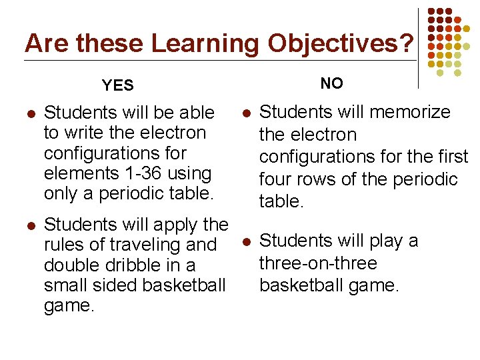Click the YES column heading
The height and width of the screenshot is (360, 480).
click(118, 85)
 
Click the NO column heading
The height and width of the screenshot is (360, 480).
click(331, 83)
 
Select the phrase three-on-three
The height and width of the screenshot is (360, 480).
click(318, 263)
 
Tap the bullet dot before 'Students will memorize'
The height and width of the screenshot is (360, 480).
click(245, 113)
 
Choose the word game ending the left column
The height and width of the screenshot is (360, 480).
click(66, 306)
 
